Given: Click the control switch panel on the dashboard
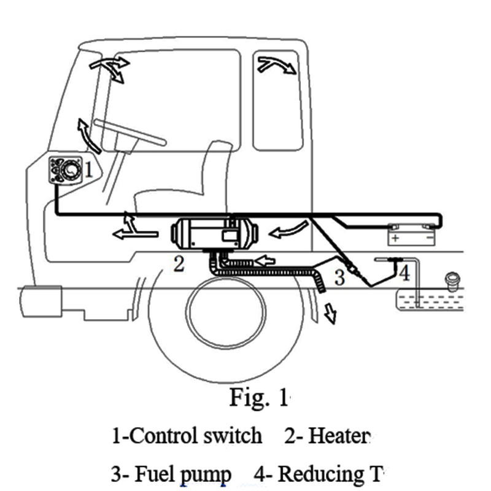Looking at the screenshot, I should pyautogui.click(x=66, y=170).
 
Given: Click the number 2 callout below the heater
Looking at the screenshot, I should pyautogui.click(x=178, y=265).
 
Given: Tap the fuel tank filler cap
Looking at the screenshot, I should pyautogui.click(x=455, y=280).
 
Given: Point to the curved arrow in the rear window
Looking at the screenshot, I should pyautogui.click(x=277, y=64).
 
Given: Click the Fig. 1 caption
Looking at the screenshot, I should pyautogui.click(x=258, y=398).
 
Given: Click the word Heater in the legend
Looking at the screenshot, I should pyautogui.click(x=339, y=436).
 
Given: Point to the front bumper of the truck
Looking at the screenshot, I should pyautogui.click(x=42, y=302).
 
